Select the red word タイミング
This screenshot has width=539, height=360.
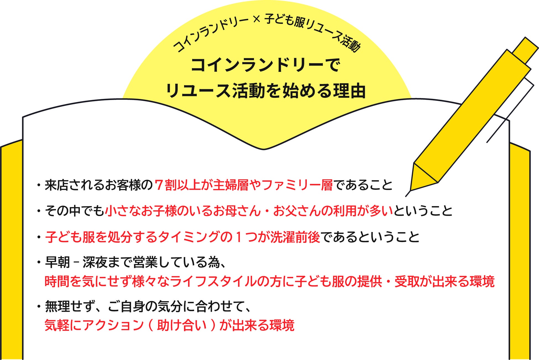pyautogui.click(x=188, y=237)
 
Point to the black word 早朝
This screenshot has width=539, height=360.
pyautogui.click(x=57, y=262)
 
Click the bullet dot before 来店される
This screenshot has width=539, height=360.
pyautogui.click(x=39, y=185)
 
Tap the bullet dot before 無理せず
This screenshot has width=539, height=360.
pyautogui.click(x=39, y=307)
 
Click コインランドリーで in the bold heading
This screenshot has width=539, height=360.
pyautogui.click(x=265, y=65)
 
